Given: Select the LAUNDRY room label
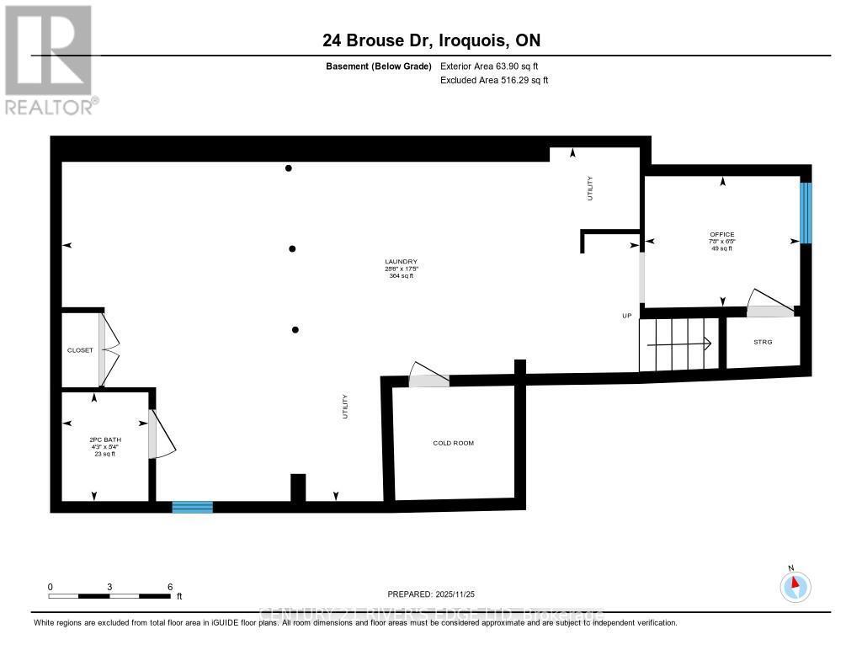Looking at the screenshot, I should pyautogui.click(x=402, y=262).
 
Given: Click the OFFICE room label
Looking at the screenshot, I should pyautogui.click(x=721, y=235).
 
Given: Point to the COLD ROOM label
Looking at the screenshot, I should pyautogui.click(x=453, y=443).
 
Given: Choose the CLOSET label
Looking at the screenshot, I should pyautogui.click(x=80, y=350).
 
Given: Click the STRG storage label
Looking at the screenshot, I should pyautogui.click(x=763, y=342).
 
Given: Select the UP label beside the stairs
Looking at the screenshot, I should pyautogui.click(x=626, y=316).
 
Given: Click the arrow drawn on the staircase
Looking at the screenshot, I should pyautogui.click(x=690, y=344).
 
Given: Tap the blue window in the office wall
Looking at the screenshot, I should pyautogui.click(x=806, y=213).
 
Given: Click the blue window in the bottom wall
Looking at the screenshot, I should pyautogui.click(x=193, y=507).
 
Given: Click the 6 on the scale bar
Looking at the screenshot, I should pyautogui.click(x=170, y=587).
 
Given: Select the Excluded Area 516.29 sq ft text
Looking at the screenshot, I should pyautogui.click(x=494, y=81).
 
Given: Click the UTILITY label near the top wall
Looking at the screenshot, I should pyautogui.click(x=590, y=187).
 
